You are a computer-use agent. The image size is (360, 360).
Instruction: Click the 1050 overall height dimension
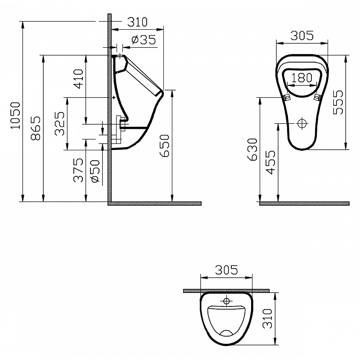(x=16, y=116)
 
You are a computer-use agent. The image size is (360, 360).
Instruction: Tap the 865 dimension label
(x=36, y=128)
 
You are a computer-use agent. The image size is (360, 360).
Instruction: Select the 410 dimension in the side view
(x=78, y=79)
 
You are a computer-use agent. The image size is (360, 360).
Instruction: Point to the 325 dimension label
(x=60, y=123)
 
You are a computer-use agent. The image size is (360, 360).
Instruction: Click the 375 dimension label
(x=78, y=170)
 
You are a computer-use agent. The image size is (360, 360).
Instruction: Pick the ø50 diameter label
(x=96, y=171)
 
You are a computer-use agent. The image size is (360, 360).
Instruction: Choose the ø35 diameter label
(x=144, y=40)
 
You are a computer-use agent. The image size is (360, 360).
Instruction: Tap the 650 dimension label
(x=164, y=146)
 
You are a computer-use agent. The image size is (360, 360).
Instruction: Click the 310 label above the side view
(x=137, y=22)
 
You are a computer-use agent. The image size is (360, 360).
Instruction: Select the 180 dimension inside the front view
(x=302, y=77)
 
